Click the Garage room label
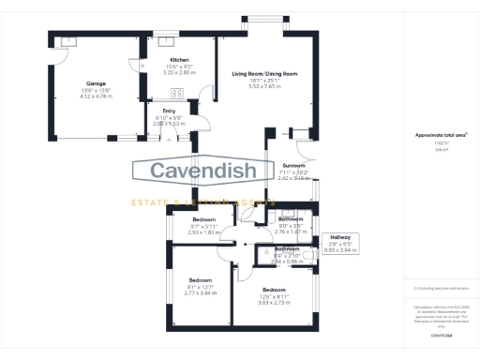96,83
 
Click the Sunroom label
294,165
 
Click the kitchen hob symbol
175,93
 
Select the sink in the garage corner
67,42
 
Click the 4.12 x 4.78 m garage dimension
96,96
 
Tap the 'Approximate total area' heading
434,135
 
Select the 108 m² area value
435,147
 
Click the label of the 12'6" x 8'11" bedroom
274,291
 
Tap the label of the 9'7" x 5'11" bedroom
203,219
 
